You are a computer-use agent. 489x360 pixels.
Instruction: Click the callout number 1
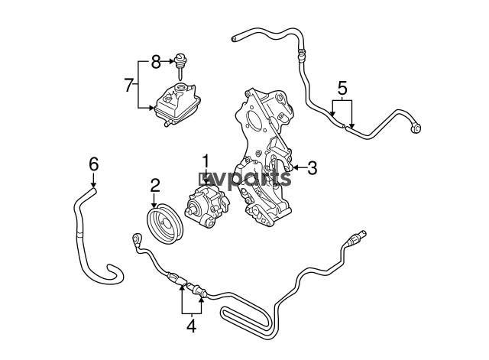point(206,161)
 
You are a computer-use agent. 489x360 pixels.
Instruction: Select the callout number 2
point(155,185)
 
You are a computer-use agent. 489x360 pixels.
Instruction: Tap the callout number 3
point(312,168)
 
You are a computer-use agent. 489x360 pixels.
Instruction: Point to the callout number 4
point(191,326)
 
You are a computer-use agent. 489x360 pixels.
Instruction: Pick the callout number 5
point(342,88)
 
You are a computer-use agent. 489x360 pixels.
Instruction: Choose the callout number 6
point(93,164)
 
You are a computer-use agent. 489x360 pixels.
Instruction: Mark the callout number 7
point(129,85)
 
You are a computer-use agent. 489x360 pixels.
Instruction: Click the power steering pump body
point(207,205)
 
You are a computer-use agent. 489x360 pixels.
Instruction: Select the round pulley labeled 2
point(165,223)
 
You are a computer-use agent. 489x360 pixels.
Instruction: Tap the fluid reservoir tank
point(178,104)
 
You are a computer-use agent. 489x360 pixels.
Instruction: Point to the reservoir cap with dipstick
point(180,66)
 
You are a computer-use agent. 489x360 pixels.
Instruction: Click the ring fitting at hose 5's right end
point(416,128)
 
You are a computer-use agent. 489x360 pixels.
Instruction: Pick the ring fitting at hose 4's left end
point(137,240)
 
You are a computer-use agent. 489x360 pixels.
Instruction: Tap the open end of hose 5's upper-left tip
point(234,39)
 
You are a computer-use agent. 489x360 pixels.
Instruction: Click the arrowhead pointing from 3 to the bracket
point(296,168)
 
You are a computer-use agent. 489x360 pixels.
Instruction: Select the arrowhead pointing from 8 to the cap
point(171,61)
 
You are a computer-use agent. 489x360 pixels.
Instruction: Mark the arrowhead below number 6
point(93,185)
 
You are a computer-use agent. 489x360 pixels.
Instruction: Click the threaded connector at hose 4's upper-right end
point(358,237)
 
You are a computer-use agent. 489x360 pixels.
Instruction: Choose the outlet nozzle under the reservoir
point(167,125)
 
